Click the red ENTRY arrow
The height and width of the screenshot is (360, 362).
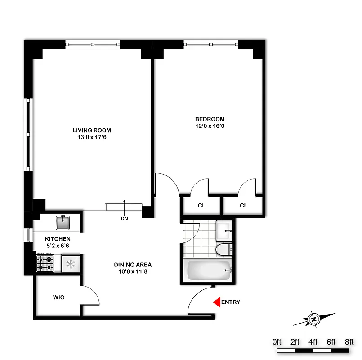(216, 302)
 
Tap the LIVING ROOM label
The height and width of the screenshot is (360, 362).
(91, 130)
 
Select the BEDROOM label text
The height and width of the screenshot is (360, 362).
(210, 119)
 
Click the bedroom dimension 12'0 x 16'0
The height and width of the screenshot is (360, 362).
(210, 126)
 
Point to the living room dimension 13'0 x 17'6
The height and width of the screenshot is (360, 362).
(91, 138)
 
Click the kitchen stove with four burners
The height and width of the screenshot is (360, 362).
(45, 263)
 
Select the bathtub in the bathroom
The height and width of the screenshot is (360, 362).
(208, 271)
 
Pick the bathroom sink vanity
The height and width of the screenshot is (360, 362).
(224, 231)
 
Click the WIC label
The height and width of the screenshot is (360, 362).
(58, 297)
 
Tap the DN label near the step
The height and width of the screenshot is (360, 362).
(124, 219)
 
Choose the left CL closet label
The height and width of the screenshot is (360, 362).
(201, 206)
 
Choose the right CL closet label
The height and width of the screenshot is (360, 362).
(243, 206)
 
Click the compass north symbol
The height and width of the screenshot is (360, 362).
(313, 319)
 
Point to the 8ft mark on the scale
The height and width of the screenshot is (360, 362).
(349, 342)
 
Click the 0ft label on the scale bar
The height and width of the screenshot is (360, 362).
(277, 342)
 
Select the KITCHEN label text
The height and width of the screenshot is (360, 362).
(58, 238)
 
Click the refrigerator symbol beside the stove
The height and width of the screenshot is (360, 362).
(71, 264)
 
